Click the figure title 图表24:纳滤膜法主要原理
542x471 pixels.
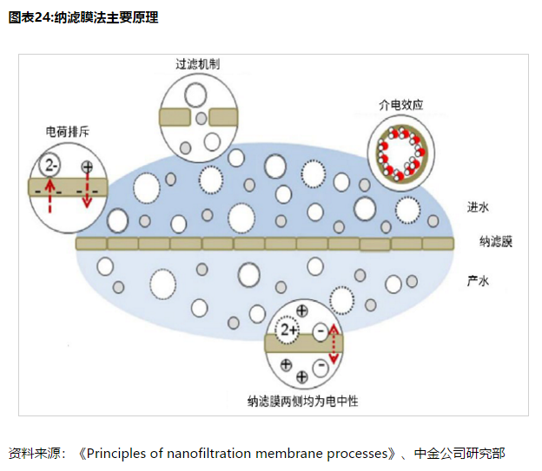tap(83, 17)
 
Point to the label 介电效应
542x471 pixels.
tap(400, 104)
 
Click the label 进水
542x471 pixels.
tap(479, 206)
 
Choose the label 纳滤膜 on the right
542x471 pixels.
tap(495, 241)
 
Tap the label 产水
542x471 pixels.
tap(479, 280)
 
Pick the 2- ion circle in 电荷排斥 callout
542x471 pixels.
tap(52, 165)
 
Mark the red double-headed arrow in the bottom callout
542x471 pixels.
tap(333, 344)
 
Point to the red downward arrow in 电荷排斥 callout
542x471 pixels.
tap(87, 194)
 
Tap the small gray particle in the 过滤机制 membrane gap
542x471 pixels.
tap(202, 117)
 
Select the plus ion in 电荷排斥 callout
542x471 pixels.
tap(86, 167)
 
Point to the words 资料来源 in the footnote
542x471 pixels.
tap(34, 453)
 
